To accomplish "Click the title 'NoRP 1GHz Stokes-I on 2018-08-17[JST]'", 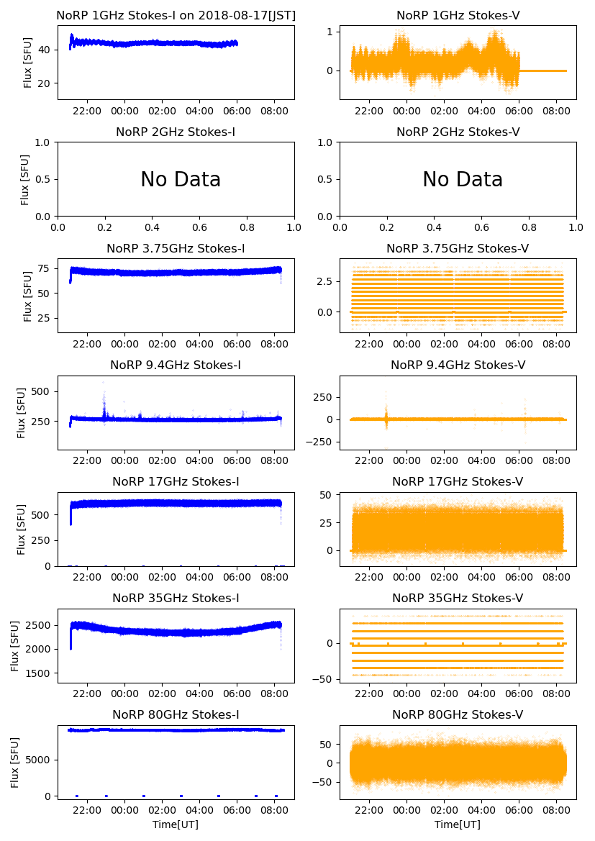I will tap(176, 15).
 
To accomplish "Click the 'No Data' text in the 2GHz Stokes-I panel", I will tap(180, 180).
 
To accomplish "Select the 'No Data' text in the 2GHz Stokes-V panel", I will tap(462, 180).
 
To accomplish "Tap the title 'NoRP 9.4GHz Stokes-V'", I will tap(458, 365).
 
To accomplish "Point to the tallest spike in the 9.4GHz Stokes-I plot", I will tap(103, 383).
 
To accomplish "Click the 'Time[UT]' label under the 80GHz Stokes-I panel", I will tap(176, 824).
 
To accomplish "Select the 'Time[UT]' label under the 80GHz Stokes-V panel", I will tap(458, 824).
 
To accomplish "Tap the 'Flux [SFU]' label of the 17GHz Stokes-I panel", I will tap(22, 529).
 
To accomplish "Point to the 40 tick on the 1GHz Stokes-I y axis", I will tap(45, 50).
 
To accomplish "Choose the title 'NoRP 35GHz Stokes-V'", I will tap(458, 599).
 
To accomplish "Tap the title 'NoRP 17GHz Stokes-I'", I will tap(176, 482).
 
